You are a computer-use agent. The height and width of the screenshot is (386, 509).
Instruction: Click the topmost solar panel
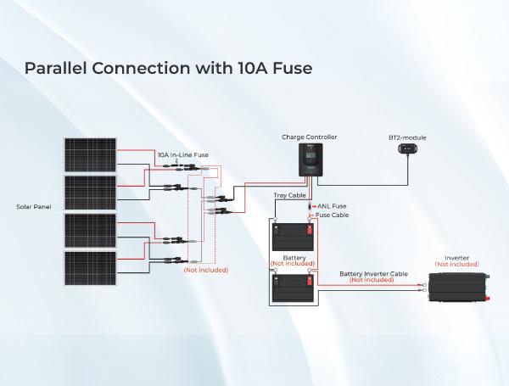click(91, 155)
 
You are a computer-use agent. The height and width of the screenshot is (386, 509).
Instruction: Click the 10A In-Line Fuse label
click(182, 154)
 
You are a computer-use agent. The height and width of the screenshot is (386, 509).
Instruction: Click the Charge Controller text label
click(308, 137)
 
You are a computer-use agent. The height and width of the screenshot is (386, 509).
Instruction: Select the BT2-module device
click(407, 150)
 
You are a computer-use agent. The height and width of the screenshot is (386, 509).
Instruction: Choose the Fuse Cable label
click(332, 215)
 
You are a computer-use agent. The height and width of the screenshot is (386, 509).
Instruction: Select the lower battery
click(292, 290)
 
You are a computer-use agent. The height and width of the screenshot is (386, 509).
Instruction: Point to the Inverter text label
click(456, 257)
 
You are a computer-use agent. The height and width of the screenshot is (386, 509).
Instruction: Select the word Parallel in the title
click(56, 67)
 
